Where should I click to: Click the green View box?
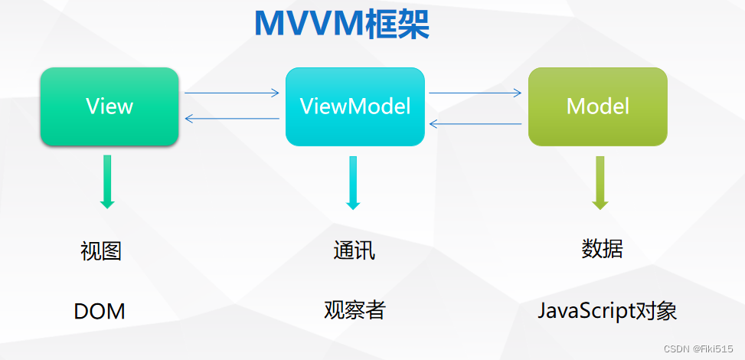[109, 106]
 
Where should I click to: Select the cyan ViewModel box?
[355, 106]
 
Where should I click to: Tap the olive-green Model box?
[598, 106]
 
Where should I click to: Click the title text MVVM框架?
[341, 25]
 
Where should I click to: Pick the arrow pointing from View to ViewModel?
[232, 93]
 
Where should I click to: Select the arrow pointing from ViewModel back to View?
[232, 118]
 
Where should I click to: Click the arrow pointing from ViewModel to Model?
[475, 93]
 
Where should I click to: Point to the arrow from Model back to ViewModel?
[475, 123]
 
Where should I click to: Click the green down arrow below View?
[107, 182]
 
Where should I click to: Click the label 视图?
[101, 251]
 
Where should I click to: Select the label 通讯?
[355, 250]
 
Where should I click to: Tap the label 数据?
[602, 249]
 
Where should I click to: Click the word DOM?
[100, 312]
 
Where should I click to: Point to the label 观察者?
[355, 310]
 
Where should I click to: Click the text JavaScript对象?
[607, 311]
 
